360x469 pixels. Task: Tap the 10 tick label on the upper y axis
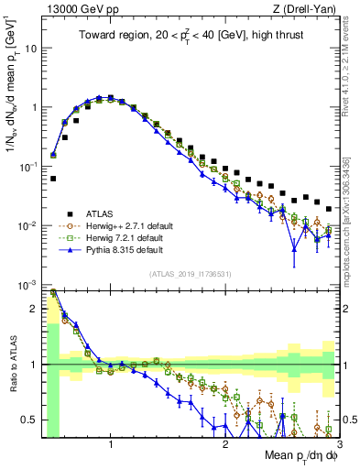click(31, 48)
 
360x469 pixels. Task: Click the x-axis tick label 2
click(225, 446)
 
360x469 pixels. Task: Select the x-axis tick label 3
click(338, 446)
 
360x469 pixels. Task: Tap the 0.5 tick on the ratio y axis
click(29, 420)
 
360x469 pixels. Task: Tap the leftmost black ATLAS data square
click(53, 179)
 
